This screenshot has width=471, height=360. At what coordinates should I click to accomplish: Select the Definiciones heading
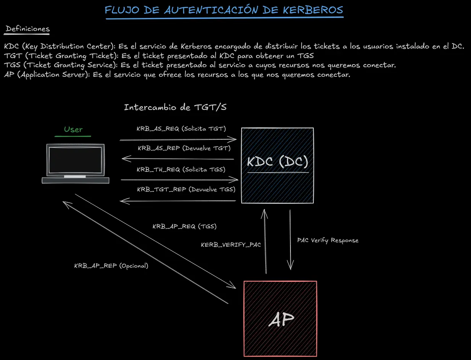[28, 29]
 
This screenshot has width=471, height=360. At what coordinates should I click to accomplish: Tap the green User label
[73, 129]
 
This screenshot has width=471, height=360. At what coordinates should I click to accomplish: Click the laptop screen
[75, 160]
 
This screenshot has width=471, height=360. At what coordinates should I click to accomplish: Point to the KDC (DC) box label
[277, 162]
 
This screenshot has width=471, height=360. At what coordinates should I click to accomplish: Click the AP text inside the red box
[281, 320]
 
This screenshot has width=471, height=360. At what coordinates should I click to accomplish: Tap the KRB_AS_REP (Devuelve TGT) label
[184, 148]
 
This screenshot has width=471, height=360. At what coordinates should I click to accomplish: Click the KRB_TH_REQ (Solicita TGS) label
[181, 170]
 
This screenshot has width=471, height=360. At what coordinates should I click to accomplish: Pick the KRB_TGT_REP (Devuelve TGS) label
[186, 189]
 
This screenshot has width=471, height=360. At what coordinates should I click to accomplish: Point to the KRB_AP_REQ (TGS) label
[184, 226]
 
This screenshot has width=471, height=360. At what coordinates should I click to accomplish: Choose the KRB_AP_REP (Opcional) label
[111, 266]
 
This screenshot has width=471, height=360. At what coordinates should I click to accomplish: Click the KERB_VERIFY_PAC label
[231, 245]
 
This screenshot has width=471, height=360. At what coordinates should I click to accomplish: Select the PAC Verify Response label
[327, 241]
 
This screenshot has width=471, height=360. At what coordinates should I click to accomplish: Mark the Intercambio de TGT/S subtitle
[175, 107]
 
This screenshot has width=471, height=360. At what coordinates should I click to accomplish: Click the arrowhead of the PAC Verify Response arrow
[291, 267]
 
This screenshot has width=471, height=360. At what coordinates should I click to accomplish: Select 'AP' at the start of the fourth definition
[9, 75]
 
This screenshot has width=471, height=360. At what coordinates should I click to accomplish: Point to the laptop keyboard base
[75, 180]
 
